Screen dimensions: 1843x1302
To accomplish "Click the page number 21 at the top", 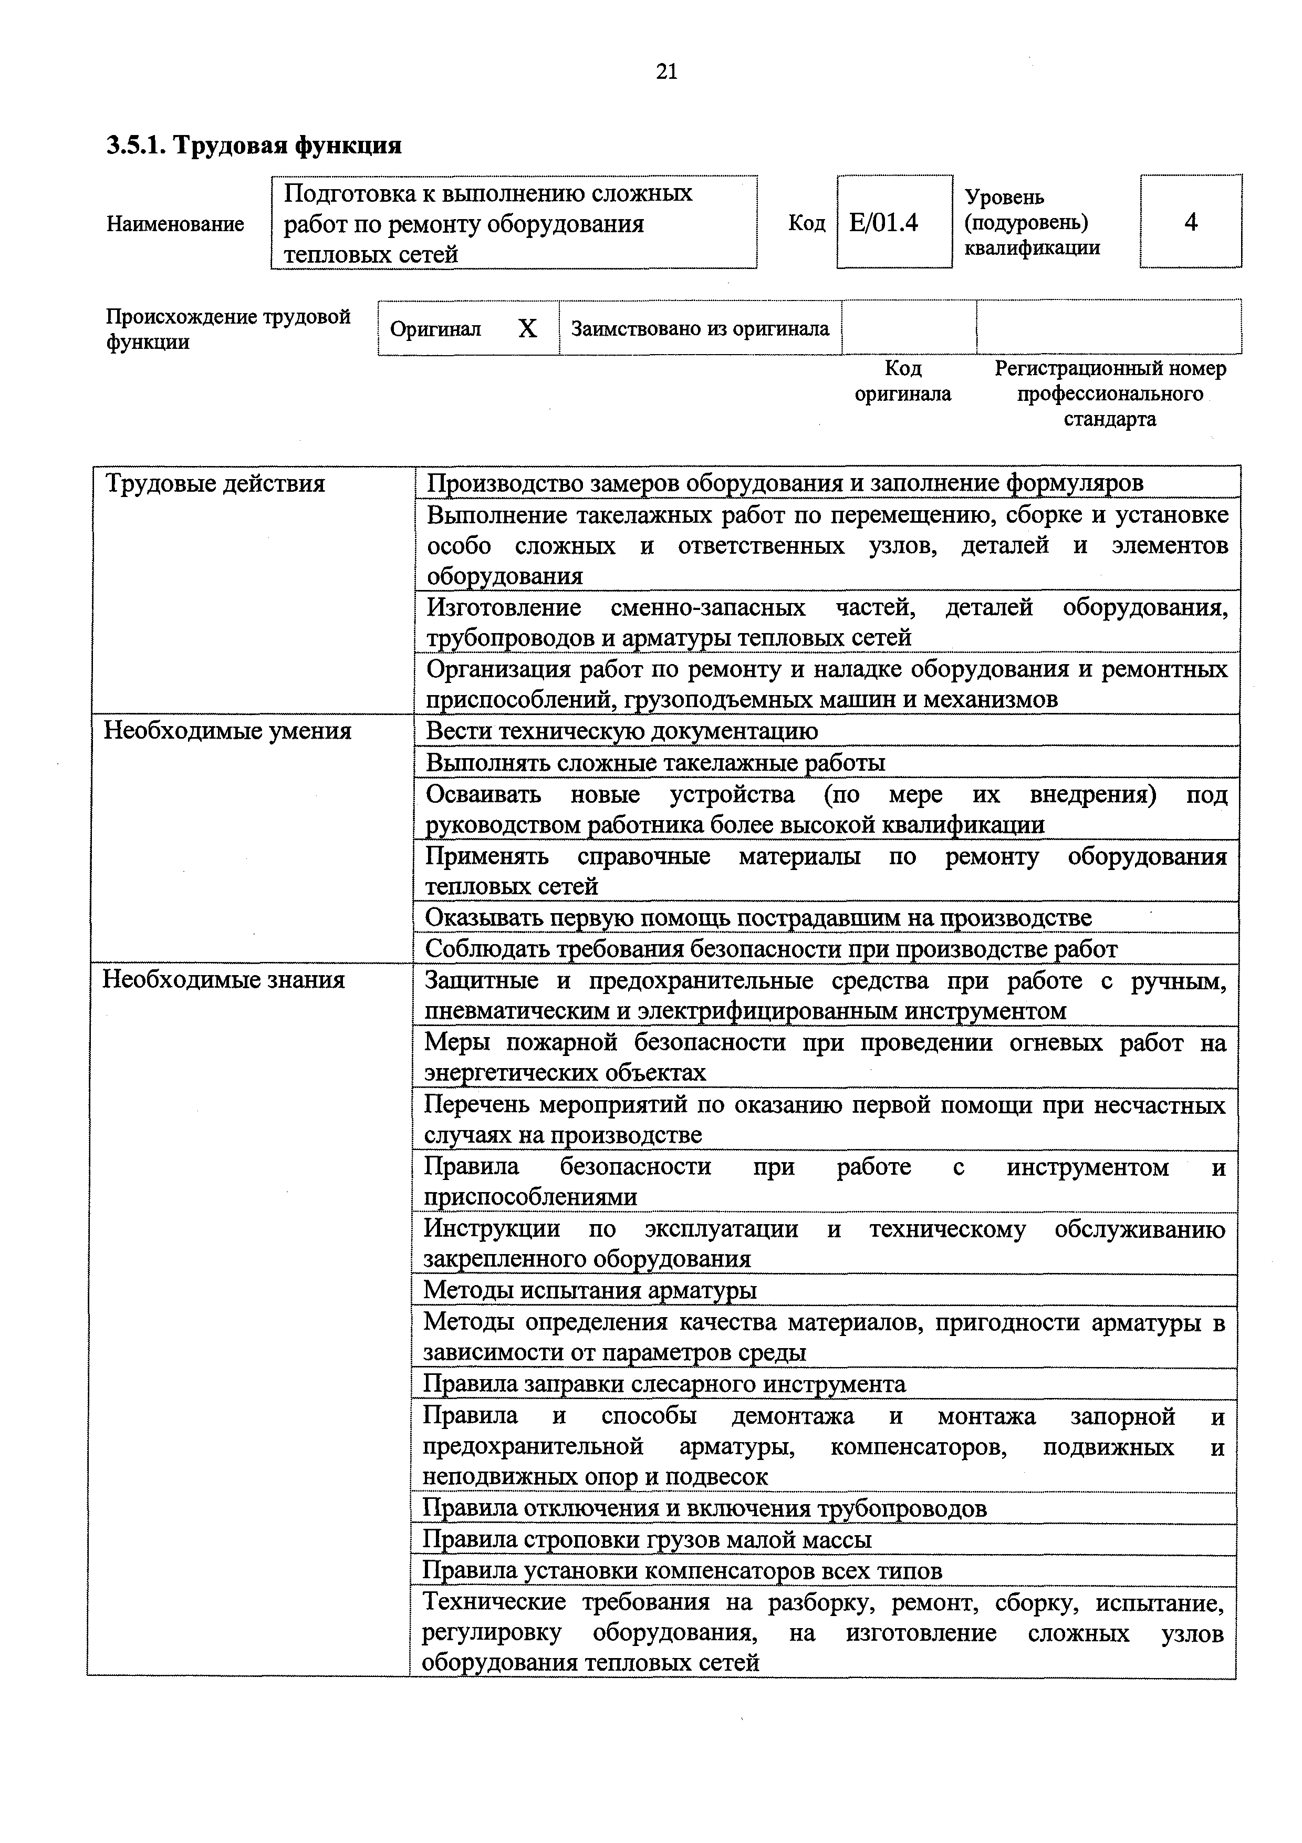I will (666, 73).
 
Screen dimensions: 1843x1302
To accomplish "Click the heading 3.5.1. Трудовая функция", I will (254, 146).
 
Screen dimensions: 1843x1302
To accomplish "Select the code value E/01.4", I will (883, 222).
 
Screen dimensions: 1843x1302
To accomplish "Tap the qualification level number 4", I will (1191, 222).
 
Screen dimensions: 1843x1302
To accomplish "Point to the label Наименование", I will (175, 224).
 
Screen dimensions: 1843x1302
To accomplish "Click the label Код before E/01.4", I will (806, 222).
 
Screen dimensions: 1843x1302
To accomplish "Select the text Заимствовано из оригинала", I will (700, 328).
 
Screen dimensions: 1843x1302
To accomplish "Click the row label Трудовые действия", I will (215, 484).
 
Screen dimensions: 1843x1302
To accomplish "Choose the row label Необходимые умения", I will (228, 731).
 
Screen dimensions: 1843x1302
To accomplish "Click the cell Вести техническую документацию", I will (622, 731).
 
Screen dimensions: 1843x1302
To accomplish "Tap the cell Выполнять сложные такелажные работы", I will (655, 762).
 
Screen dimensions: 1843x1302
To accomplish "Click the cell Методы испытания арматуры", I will (590, 1290).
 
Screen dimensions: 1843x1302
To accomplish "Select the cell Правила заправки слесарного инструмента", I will (664, 1384).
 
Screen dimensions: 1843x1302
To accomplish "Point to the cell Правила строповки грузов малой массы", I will (647, 1539).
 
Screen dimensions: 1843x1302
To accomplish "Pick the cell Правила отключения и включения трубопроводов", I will (704, 1508).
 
